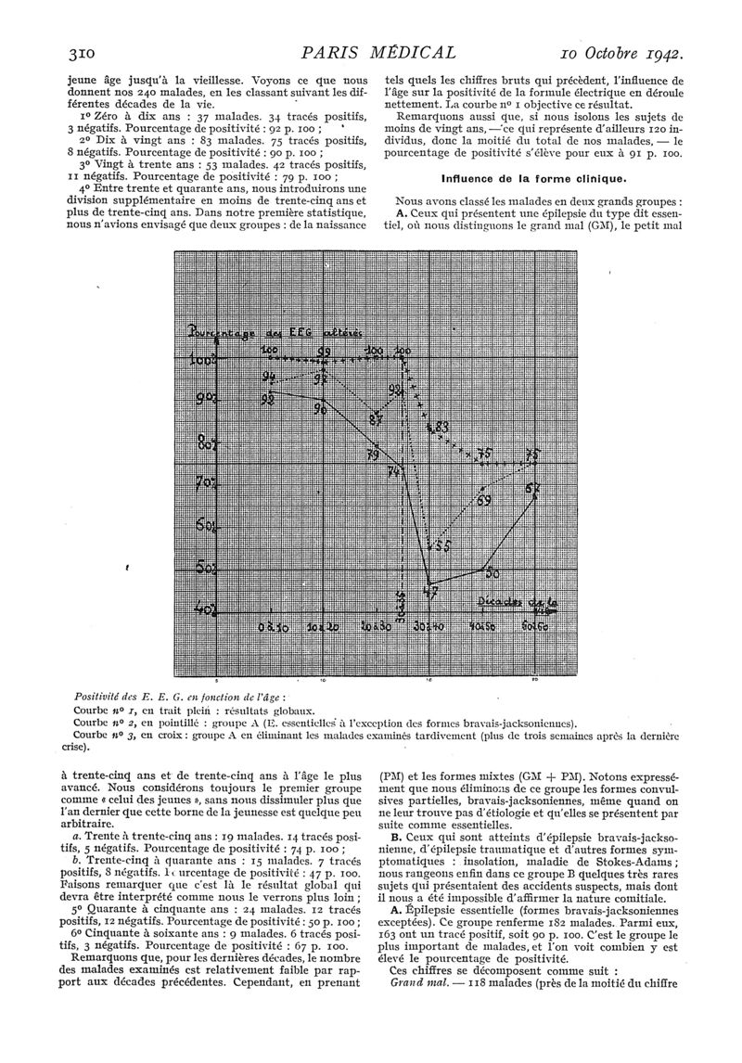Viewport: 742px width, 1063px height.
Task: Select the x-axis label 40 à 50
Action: (x=483, y=628)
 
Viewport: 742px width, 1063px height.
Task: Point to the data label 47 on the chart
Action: (x=429, y=592)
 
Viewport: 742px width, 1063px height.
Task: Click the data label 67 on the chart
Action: (x=533, y=489)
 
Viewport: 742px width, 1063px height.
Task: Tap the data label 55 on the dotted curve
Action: (x=442, y=545)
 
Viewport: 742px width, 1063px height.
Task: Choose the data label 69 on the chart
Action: (x=483, y=501)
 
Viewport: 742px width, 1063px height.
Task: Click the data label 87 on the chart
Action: (x=376, y=420)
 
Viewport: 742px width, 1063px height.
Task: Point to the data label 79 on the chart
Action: (x=372, y=455)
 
